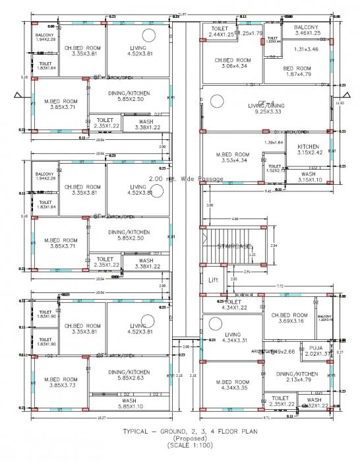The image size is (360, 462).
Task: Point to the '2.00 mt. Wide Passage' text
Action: [x=186, y=178]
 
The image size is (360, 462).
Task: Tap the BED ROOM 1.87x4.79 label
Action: [x=297, y=71]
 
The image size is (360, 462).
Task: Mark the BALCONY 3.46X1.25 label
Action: [x=307, y=30]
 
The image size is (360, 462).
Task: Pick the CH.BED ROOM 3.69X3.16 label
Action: [x=290, y=319]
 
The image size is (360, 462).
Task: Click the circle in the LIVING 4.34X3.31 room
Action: [x=215, y=323]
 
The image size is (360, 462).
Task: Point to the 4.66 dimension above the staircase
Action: [x=235, y=218]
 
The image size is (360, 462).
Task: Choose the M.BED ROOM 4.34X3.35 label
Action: [x=230, y=385]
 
